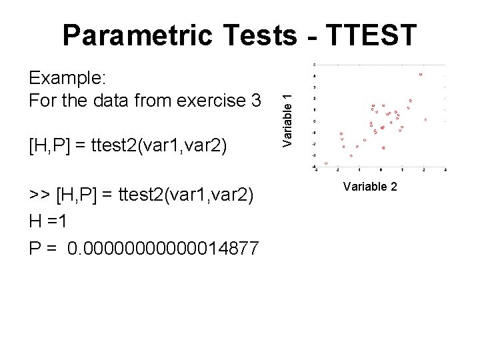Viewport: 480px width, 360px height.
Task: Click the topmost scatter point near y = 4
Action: (421, 74)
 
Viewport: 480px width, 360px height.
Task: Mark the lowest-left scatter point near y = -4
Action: (326, 163)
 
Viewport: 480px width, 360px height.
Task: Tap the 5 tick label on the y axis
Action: (314, 65)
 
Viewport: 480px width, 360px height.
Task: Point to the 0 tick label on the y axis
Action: (314, 121)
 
